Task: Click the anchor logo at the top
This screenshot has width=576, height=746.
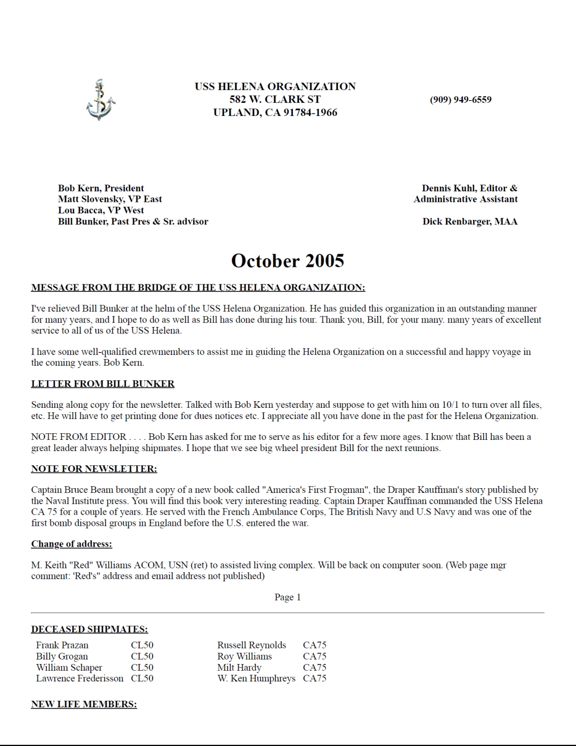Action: (x=100, y=100)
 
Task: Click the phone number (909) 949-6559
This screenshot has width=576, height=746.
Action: (x=461, y=100)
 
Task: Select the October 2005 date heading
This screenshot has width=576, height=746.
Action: (x=287, y=261)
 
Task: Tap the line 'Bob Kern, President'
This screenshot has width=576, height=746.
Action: (x=101, y=188)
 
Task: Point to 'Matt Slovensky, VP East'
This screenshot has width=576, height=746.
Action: (x=110, y=199)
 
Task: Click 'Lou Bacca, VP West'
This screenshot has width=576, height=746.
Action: (x=101, y=211)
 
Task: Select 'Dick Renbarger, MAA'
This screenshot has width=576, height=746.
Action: (x=470, y=222)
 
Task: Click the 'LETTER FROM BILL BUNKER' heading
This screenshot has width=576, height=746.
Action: (x=103, y=384)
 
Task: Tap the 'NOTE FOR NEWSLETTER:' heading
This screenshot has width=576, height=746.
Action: (x=94, y=469)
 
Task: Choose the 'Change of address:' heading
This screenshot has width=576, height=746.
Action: (x=72, y=544)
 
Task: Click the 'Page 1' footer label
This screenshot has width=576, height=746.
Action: (x=288, y=597)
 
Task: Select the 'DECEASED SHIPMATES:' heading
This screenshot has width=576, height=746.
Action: (x=89, y=630)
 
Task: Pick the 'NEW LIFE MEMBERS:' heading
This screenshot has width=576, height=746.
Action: (x=84, y=704)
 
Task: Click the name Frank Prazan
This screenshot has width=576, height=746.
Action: (x=62, y=645)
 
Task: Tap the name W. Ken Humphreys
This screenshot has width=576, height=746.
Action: (x=256, y=678)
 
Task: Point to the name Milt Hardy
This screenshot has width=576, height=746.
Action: (x=239, y=668)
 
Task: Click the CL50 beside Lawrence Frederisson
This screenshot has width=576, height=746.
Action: (x=142, y=678)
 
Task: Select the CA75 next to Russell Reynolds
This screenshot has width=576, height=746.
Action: (x=315, y=645)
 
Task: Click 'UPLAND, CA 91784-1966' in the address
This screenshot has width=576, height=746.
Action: (x=275, y=113)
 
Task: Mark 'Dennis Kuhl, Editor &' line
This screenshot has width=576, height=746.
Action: (x=469, y=188)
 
